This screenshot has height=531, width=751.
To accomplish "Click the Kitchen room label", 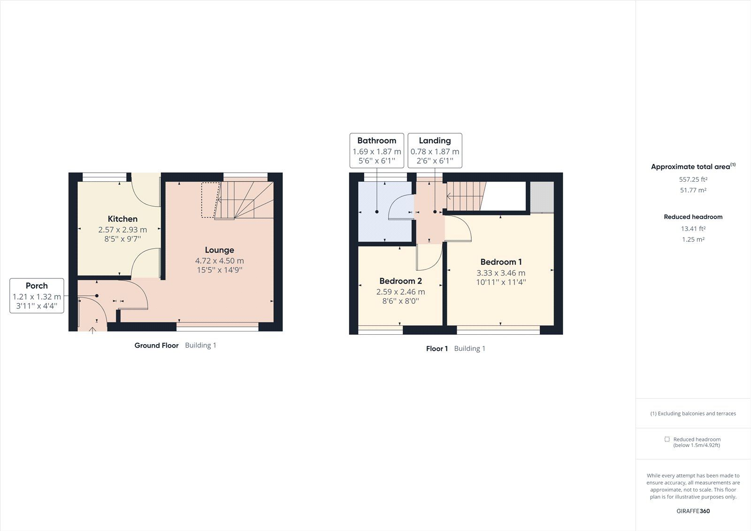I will tap(123, 219).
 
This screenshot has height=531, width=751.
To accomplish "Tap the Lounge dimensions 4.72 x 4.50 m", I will tap(219, 261).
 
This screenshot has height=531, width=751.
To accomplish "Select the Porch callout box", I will tap(37, 296).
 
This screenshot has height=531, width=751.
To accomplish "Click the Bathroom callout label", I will tap(376, 140).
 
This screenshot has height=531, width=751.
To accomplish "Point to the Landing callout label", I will tap(435, 140).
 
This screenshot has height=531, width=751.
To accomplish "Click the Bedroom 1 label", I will tap(501, 262).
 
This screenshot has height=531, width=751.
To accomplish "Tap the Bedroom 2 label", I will tap(400, 281).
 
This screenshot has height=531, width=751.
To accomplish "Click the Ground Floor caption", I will tap(156, 346).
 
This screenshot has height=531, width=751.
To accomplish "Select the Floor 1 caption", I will tap(437, 349).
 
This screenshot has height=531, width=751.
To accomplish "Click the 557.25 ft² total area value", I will tap(693, 179).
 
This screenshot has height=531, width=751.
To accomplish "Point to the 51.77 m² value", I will tap(693, 190).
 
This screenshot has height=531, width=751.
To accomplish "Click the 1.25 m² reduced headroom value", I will tap(693, 239).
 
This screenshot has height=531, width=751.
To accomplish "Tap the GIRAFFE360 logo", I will tap(693, 511).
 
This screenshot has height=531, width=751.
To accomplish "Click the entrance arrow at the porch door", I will tap(92, 330).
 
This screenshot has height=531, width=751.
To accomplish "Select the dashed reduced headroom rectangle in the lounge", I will tap(210, 200).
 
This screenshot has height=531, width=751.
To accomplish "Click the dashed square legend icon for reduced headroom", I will tap(667, 439).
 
